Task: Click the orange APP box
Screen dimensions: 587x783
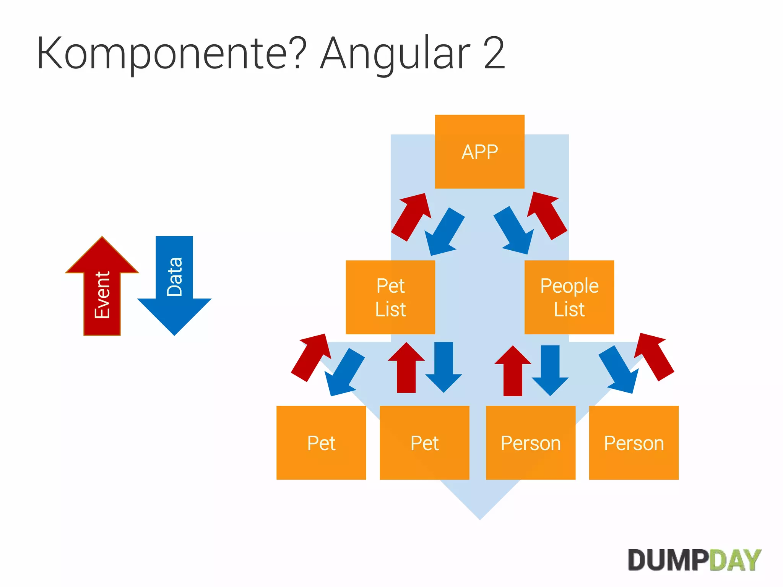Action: tap(479, 152)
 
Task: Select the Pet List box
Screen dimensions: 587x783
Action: tap(390, 297)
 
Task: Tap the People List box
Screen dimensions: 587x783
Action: tap(569, 297)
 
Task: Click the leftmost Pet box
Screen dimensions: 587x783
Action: tap(321, 443)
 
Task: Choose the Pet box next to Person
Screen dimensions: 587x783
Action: tap(424, 443)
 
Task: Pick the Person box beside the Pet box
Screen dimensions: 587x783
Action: tap(530, 443)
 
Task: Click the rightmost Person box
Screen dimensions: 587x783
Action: tap(634, 443)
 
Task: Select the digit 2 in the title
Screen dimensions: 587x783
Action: tap(494, 54)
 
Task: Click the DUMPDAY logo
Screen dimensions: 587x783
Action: tap(694, 560)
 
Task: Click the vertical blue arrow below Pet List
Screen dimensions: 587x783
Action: tap(443, 366)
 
